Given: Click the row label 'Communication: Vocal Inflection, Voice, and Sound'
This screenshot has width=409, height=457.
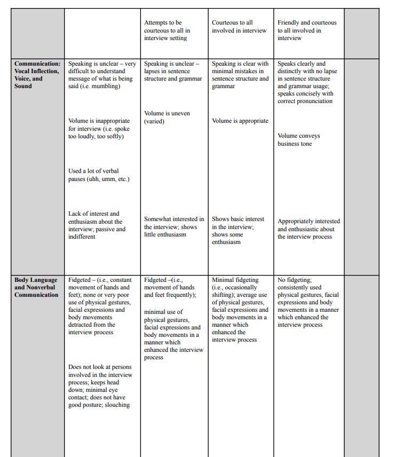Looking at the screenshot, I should pos(37,75).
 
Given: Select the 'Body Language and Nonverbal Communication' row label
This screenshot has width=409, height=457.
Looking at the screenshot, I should pos(36,287).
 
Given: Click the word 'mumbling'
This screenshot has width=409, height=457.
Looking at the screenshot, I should pos(105,86).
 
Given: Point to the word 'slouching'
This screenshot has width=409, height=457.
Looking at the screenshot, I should pos(117,405).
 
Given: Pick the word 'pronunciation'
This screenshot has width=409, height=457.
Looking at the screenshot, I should pos(312,101).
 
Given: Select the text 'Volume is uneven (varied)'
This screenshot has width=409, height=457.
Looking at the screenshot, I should pos(167,117).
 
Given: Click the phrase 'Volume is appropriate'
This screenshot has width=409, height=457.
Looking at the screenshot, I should pos(240,121).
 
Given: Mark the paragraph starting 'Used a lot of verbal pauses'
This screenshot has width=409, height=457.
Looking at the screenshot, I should pos(99,175).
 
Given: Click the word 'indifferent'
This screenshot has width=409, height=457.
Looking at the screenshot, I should pos(82,237).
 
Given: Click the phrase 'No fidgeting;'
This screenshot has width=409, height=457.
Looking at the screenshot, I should pos(295,280).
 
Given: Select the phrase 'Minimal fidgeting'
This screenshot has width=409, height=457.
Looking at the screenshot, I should pos(235,280).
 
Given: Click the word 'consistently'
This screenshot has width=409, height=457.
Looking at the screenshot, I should pos(292,287).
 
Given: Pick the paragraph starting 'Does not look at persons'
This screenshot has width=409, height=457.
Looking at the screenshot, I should pos(100,386).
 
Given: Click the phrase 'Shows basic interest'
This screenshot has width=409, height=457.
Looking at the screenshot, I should pos(238,219).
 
